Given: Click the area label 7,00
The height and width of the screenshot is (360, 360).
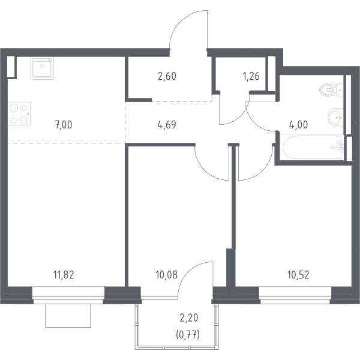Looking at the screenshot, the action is (64, 125).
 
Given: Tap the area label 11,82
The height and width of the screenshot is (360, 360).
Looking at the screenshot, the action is (64, 275).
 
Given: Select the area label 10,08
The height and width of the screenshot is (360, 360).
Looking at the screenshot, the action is (166, 275).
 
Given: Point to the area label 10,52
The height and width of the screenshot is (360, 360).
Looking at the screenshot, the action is (298, 275).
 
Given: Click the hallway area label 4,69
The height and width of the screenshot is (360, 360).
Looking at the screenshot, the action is (167, 125).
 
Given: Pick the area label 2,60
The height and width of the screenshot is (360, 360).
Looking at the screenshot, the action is (167, 76).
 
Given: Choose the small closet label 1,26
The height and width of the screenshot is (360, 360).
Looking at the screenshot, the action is (251, 76).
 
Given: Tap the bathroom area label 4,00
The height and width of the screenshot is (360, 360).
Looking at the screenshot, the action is (298, 125).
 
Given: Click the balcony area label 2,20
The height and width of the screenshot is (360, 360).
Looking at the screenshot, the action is (189, 318).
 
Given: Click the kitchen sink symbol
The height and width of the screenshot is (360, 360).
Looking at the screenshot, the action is (42, 68).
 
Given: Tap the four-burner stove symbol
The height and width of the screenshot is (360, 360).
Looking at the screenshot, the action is (19, 114).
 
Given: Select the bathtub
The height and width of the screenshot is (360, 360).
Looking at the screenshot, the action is (313, 147).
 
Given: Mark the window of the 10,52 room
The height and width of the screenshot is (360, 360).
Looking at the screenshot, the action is (295, 295).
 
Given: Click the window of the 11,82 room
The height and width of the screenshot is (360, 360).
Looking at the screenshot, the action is (68, 295).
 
